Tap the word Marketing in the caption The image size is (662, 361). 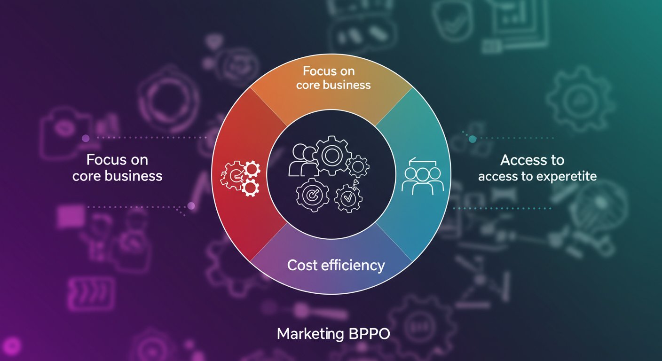(310, 335)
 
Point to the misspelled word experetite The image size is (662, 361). (568, 177)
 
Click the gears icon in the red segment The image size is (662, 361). (240, 178)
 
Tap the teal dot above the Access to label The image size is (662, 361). (473, 139)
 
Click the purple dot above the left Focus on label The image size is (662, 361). (86, 138)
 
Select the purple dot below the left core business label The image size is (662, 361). (191, 206)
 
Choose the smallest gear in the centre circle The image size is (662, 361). (359, 165)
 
